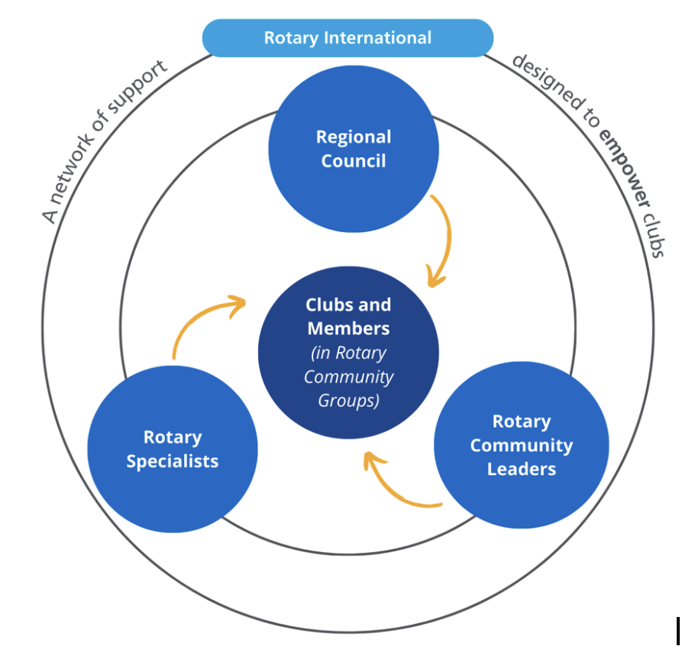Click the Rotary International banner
(x=347, y=38)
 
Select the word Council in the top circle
(x=354, y=161)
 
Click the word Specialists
(x=173, y=461)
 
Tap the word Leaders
(x=522, y=469)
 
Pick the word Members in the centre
(x=348, y=328)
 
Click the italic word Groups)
(x=348, y=400)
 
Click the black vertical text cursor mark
(x=677, y=631)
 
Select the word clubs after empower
(x=654, y=233)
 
